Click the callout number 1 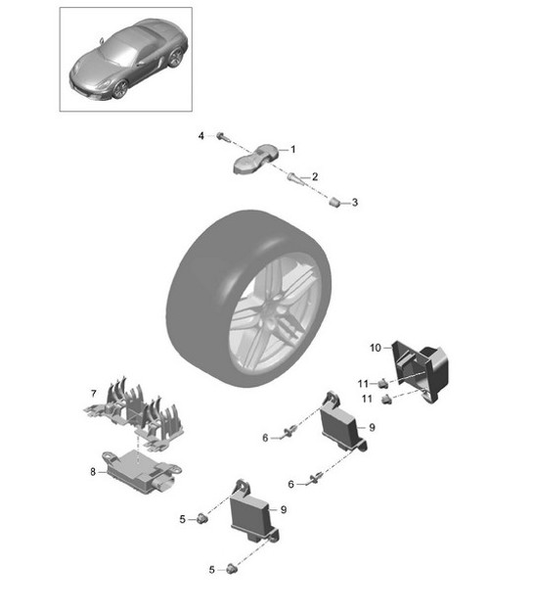pyautogui.click(x=292, y=150)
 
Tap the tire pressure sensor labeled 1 pyautogui.click(x=254, y=160)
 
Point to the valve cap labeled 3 pyautogui.click(x=334, y=203)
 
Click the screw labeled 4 pyautogui.click(x=221, y=136)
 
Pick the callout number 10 pyautogui.click(x=376, y=348)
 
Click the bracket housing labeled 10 pyautogui.click(x=421, y=370)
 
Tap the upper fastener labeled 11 pyautogui.click(x=382, y=382)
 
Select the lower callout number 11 pyautogui.click(x=367, y=399)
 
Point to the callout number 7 pyautogui.click(x=93, y=393)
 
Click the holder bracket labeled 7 pyautogui.click(x=134, y=414)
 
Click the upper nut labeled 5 pyautogui.click(x=202, y=518)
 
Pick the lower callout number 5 pyautogui.click(x=212, y=570)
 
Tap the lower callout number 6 pyautogui.click(x=291, y=485)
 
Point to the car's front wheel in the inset pyautogui.click(x=120, y=89)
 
